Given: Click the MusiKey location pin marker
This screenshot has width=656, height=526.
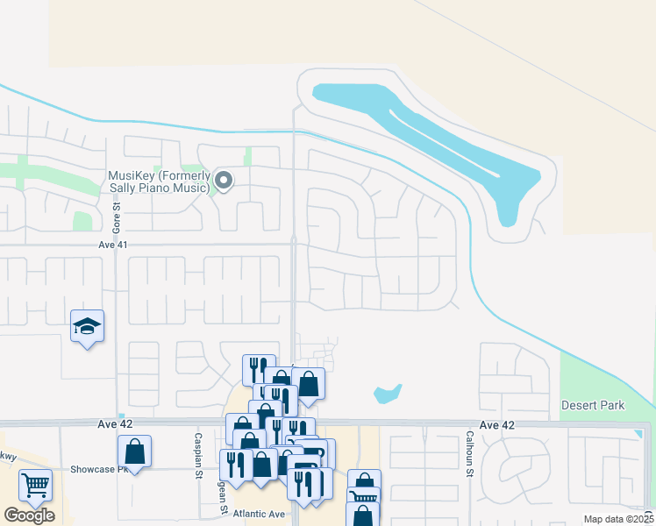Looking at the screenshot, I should pyautogui.click(x=224, y=181).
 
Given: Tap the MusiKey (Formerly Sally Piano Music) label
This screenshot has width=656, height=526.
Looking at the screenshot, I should pyautogui.click(x=159, y=181).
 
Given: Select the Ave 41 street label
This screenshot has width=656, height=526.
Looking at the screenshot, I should pyautogui.click(x=112, y=245).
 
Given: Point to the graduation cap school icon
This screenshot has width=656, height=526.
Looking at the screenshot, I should pyautogui.click(x=88, y=327).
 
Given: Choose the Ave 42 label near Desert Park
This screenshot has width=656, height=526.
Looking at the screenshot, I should pyautogui.click(x=496, y=424).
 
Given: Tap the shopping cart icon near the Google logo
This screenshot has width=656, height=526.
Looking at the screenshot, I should pyautogui.click(x=35, y=485).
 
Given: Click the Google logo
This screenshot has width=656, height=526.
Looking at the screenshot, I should pyautogui.click(x=29, y=515).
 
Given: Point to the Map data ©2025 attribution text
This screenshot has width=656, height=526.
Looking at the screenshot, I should pyautogui.click(x=618, y=519).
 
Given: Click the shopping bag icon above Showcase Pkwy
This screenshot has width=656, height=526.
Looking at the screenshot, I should pyautogui.click(x=134, y=451).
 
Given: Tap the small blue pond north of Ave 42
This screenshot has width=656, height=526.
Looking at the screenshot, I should pyautogui.click(x=388, y=394).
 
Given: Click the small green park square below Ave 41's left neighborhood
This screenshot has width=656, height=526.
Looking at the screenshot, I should pyautogui.click(x=82, y=221).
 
